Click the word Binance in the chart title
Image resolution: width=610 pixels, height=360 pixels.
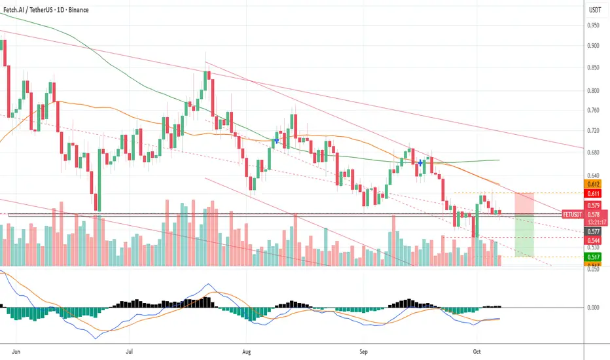coord(75,10)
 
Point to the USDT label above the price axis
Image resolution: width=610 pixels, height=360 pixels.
coord(595,10)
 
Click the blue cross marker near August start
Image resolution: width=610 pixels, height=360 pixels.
coord(277,140)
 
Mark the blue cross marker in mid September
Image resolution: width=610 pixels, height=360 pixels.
coord(420,162)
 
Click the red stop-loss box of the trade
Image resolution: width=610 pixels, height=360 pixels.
coord(525,204)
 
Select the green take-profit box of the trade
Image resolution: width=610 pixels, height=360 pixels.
coord(525,236)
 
